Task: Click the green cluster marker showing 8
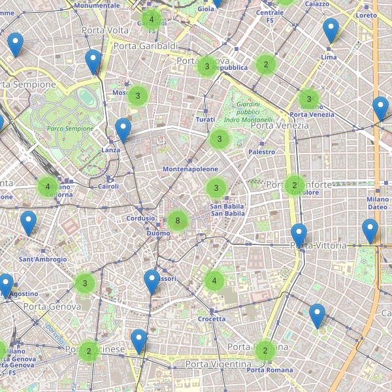178,221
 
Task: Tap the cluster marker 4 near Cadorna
47,187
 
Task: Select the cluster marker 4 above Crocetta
214,282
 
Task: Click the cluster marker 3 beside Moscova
138,96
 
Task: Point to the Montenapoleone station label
190,169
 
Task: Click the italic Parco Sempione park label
70,129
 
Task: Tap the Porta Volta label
105,31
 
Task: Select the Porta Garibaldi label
146,46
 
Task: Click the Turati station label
205,120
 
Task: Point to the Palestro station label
261,152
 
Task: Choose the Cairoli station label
108,186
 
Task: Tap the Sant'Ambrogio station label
43,259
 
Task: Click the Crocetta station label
212,319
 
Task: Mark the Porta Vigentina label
218,364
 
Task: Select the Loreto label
367,15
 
